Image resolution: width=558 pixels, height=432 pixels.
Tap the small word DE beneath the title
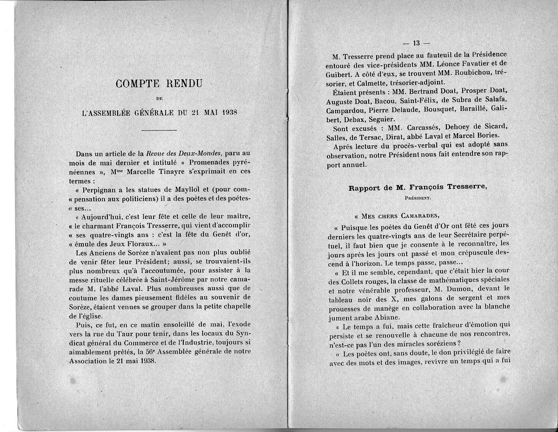pos(158,99)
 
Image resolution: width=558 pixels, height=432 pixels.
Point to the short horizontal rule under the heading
pos(158,130)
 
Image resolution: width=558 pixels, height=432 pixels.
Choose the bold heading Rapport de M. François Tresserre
pos(418,187)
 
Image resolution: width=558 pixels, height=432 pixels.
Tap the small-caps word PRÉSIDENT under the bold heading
pos(418,197)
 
